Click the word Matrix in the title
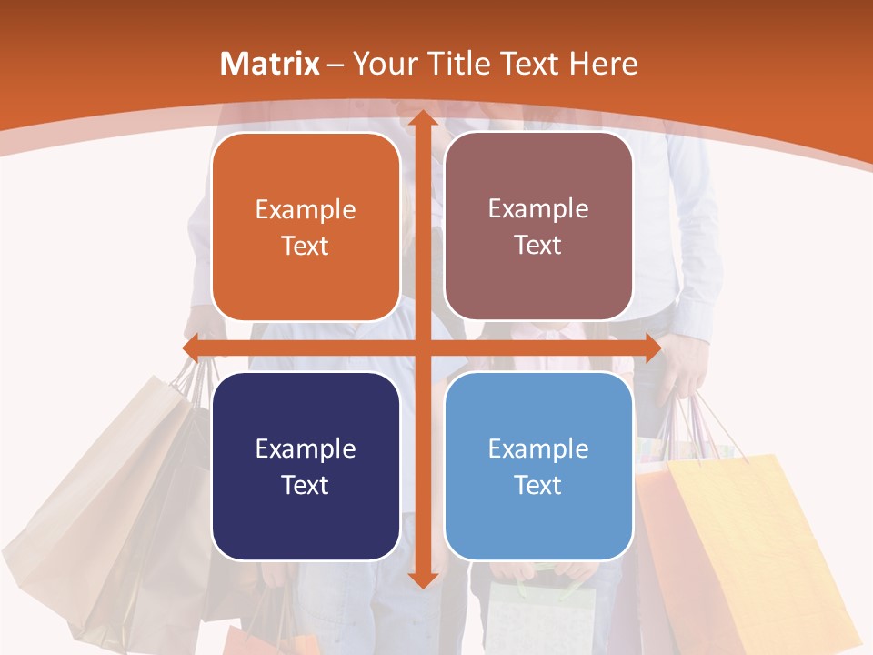[270, 64]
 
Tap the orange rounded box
[306, 227]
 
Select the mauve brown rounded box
[538, 227]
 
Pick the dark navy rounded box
[306, 466]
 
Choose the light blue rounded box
[538, 466]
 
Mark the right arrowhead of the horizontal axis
[650, 348]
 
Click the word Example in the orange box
[306, 210]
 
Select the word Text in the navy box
[306, 485]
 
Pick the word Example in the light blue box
[538, 448]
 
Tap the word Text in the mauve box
[538, 246]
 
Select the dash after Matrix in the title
[336, 65]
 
